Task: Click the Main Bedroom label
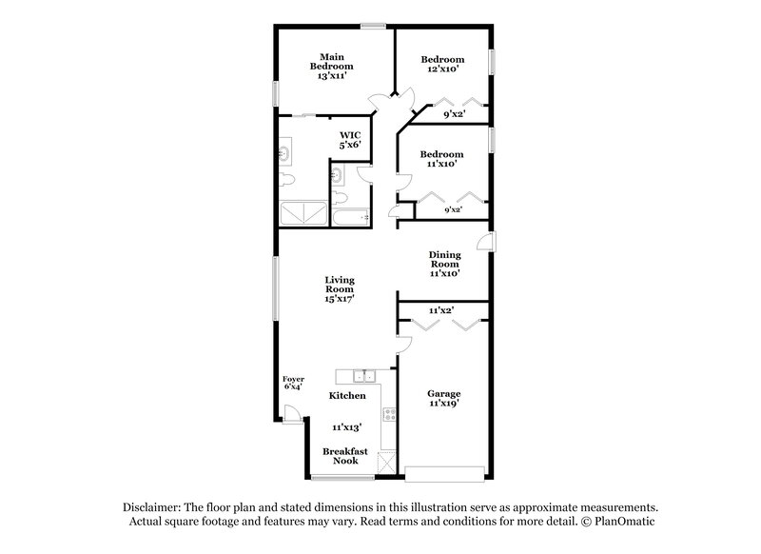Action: (x=331, y=61)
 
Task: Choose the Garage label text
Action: (x=443, y=393)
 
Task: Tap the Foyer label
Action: (x=293, y=379)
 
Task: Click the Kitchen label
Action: (x=347, y=394)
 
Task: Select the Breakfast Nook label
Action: (x=341, y=456)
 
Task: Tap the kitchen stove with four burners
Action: (x=389, y=414)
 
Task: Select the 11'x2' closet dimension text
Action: (x=440, y=310)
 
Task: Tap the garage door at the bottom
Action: (x=443, y=471)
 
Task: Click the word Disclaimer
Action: (x=152, y=507)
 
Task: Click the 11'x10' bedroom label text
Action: (x=441, y=165)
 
